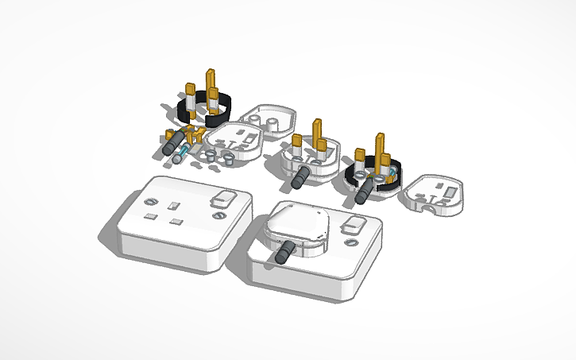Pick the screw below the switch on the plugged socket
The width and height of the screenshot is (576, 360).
point(350,242)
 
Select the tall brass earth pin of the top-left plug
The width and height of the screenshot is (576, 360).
point(211,80)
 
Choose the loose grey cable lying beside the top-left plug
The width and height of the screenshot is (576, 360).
point(172,147)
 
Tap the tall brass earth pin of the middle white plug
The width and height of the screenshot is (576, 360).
point(317,131)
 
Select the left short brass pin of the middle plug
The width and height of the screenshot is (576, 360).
point(296,145)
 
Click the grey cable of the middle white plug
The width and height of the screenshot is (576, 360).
point(300,177)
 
